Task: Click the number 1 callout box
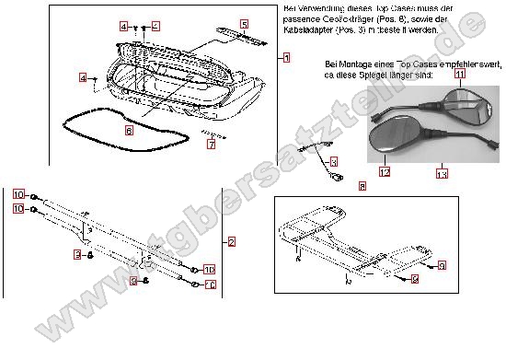(x=286, y=57)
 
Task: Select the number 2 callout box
(x=233, y=241)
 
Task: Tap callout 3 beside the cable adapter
(x=334, y=161)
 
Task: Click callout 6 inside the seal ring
(x=129, y=131)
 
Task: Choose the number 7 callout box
(x=211, y=145)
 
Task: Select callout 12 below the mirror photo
(x=385, y=171)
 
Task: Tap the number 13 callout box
(x=442, y=172)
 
